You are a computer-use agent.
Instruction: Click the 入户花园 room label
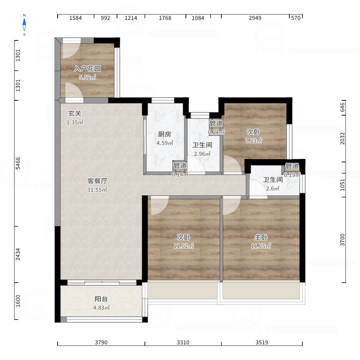(x=87, y=68)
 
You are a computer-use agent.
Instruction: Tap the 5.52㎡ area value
(x=87, y=77)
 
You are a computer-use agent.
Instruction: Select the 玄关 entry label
(x=75, y=113)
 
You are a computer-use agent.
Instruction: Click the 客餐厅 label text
(x=97, y=181)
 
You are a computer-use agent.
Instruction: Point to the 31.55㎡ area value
(x=97, y=190)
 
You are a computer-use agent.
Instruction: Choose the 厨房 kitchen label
(x=165, y=134)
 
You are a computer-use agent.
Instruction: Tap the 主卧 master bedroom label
(x=261, y=237)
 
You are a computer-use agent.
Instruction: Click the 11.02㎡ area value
(x=184, y=246)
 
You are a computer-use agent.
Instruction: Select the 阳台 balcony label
(x=101, y=299)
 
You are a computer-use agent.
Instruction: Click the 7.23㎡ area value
(x=253, y=140)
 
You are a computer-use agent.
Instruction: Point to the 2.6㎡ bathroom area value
(x=273, y=189)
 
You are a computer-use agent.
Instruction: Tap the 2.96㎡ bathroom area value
(x=202, y=154)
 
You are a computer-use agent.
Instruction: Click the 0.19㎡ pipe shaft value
(x=292, y=175)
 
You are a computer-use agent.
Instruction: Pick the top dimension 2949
(x=255, y=18)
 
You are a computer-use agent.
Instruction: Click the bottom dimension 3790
(x=101, y=342)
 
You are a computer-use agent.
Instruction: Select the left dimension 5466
(x=18, y=163)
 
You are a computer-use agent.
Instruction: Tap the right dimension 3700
(x=342, y=240)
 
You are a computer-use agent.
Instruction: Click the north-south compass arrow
(x=24, y=25)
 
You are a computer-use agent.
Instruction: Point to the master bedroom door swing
(x=231, y=205)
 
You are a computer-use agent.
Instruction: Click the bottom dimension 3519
(x=262, y=342)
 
